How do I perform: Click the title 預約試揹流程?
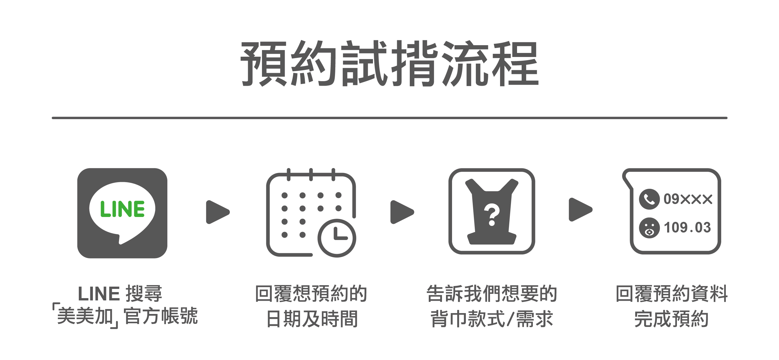click(x=389, y=64)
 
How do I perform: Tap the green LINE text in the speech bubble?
click(x=122, y=209)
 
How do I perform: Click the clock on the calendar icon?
click(x=336, y=238)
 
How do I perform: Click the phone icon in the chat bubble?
click(x=649, y=199)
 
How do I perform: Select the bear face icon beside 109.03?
click(x=649, y=228)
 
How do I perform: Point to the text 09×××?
click(x=688, y=199)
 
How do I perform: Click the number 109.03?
click(x=687, y=228)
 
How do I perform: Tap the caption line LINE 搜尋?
click(x=120, y=294)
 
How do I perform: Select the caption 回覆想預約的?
click(x=311, y=294)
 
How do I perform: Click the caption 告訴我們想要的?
click(x=492, y=294)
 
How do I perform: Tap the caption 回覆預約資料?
click(x=672, y=294)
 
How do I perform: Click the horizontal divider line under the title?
click(x=389, y=118)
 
